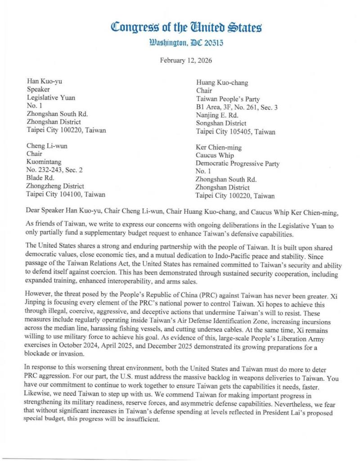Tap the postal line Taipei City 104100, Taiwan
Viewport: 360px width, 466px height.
[x=66, y=195]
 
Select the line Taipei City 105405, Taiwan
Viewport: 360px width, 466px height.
[x=235, y=131]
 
